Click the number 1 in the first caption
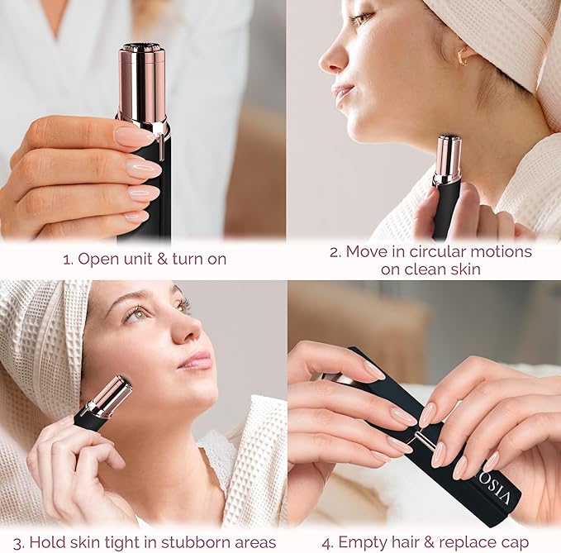tap(67, 259)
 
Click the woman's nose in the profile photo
tap(331, 58)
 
